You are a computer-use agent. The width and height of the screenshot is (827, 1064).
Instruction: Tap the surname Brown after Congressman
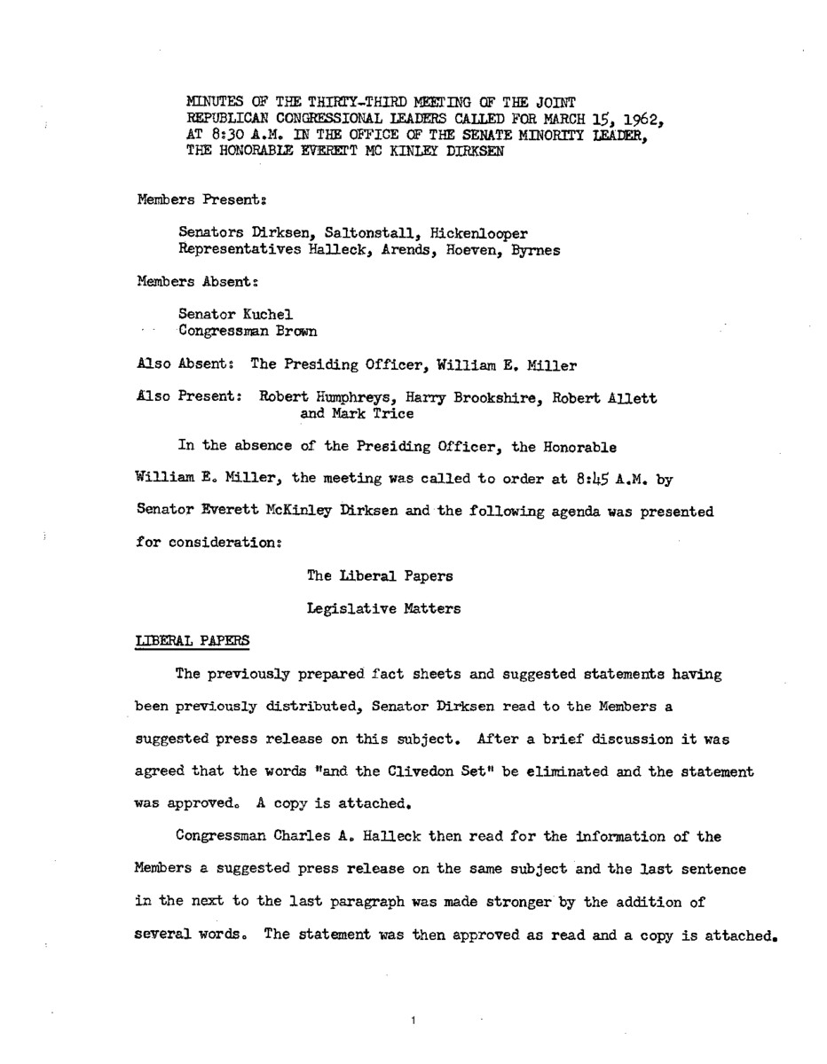coord(295,331)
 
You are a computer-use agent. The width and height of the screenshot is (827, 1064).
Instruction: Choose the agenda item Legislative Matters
coord(381,607)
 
